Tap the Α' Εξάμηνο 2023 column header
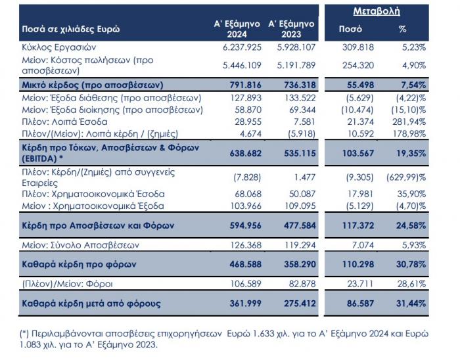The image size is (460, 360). click(x=291, y=29)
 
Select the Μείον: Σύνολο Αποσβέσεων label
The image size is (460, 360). click(x=81, y=245)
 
